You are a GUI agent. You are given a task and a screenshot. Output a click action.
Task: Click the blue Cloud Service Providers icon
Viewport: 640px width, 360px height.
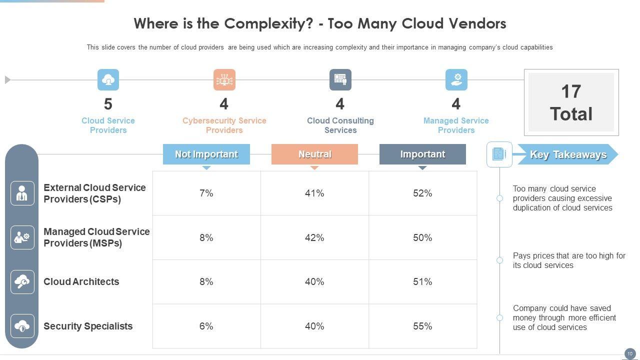pyautogui.click(x=108, y=80)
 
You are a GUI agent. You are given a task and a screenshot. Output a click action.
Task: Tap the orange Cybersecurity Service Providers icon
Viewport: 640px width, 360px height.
pyautogui.click(x=224, y=80)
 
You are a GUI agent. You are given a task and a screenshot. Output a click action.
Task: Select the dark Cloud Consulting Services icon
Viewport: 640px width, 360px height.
pyautogui.click(x=340, y=80)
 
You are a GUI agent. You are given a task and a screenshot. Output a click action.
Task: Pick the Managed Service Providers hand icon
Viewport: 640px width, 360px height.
pyautogui.click(x=456, y=80)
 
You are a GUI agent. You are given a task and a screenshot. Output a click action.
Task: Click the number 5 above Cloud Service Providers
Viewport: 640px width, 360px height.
pyautogui.click(x=108, y=104)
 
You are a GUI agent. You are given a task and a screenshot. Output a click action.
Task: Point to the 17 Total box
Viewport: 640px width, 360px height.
pyautogui.click(x=571, y=102)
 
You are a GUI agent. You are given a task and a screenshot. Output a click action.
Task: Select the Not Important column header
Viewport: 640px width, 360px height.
pyautogui.click(x=206, y=154)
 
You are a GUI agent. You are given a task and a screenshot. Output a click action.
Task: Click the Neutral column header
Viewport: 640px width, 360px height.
pyautogui.click(x=314, y=154)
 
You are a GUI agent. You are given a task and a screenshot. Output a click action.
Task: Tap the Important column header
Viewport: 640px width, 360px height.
pyautogui.click(x=422, y=154)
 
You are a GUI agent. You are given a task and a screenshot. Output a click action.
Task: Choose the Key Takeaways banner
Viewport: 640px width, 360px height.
pyautogui.click(x=568, y=155)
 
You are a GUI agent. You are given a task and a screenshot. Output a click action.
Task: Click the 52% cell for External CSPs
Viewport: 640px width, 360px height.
pyautogui.click(x=422, y=193)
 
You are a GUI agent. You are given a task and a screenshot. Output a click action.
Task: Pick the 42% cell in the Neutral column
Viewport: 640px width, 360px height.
pyautogui.click(x=314, y=238)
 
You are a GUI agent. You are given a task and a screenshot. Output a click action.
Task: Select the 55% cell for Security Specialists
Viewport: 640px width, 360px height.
pyautogui.click(x=422, y=326)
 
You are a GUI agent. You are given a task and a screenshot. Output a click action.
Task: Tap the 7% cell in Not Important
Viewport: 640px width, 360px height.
pyautogui.click(x=206, y=193)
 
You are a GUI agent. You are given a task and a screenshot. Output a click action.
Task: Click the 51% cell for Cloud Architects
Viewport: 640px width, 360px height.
pyautogui.click(x=422, y=282)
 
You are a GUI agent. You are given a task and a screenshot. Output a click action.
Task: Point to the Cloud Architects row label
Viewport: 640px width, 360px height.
pyautogui.click(x=81, y=282)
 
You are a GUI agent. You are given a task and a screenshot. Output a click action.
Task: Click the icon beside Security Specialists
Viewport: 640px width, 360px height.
pyautogui.click(x=22, y=326)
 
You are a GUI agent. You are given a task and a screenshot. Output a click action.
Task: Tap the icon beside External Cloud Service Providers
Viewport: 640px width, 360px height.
pyautogui.click(x=22, y=193)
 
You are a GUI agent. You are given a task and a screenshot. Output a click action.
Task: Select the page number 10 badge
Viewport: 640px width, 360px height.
pyautogui.click(x=629, y=353)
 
